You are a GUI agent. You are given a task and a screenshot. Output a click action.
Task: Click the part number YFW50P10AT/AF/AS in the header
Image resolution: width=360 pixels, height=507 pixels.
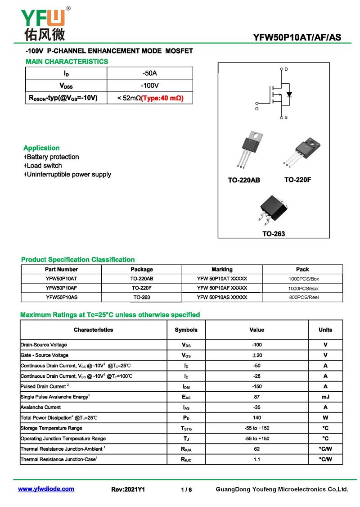[297, 38]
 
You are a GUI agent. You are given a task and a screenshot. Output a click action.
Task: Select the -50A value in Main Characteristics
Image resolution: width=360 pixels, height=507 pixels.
[149, 73]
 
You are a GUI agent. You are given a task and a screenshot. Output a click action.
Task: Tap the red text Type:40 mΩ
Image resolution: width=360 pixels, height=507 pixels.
[162, 98]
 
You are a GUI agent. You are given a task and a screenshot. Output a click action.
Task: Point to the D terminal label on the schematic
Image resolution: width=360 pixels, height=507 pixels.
[286, 69]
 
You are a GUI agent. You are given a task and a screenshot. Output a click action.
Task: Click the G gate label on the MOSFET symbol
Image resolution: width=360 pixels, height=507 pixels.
[257, 109]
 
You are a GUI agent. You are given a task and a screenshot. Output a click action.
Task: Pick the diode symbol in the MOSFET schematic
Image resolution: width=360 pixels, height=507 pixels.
[289, 95]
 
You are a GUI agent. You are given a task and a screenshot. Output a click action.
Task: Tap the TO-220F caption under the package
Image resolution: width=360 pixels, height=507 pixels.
[297, 180]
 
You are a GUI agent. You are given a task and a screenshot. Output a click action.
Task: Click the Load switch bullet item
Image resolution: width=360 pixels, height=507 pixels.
[44, 166]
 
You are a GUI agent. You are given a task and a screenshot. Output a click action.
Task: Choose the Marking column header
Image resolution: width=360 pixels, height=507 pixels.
[222, 269]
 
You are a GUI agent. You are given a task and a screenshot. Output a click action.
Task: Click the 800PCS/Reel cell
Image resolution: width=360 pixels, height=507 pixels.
[303, 298]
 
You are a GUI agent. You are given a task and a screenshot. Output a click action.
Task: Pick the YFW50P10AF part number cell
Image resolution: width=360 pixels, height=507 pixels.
[61, 288]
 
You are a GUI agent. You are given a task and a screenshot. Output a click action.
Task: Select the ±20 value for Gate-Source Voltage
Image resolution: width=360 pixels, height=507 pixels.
[256, 355]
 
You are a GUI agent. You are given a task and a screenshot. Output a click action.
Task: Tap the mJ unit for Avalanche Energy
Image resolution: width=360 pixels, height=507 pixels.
[325, 397]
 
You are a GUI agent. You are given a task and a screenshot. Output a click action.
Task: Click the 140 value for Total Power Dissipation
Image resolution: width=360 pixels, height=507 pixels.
[256, 418]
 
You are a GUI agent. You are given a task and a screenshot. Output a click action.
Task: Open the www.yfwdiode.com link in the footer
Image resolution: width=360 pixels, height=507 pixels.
[46, 489]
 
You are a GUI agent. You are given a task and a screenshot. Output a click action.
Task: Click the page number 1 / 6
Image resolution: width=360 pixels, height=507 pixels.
[186, 489]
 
